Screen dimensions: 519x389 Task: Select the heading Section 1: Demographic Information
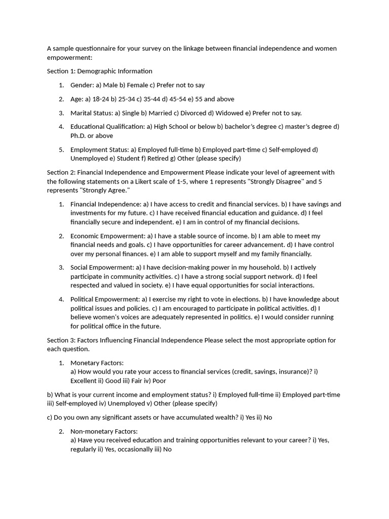[x=99, y=71]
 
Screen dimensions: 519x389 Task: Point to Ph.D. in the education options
[x=79, y=136]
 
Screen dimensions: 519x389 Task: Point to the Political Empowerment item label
[x=105, y=299]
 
